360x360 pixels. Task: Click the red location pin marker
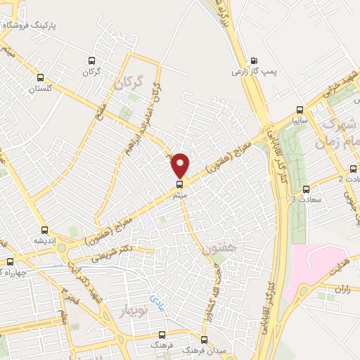pyautogui.click(x=181, y=165)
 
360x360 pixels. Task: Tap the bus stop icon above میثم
pyautogui.click(x=179, y=184)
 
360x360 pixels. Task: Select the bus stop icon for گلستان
pyautogui.click(x=40, y=78)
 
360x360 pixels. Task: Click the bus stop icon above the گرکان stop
pyautogui.click(x=89, y=60)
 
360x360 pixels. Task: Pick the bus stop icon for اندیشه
pyautogui.click(x=45, y=230)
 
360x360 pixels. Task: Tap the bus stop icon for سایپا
pyautogui.click(x=300, y=109)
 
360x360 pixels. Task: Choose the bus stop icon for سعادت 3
pyautogui.click(x=306, y=189)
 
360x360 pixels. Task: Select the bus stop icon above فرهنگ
pyautogui.click(x=163, y=335)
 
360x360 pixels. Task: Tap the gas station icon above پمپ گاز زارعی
pyautogui.click(x=254, y=60)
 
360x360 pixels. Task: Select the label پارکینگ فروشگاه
pyautogui.click(x=39, y=25)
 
